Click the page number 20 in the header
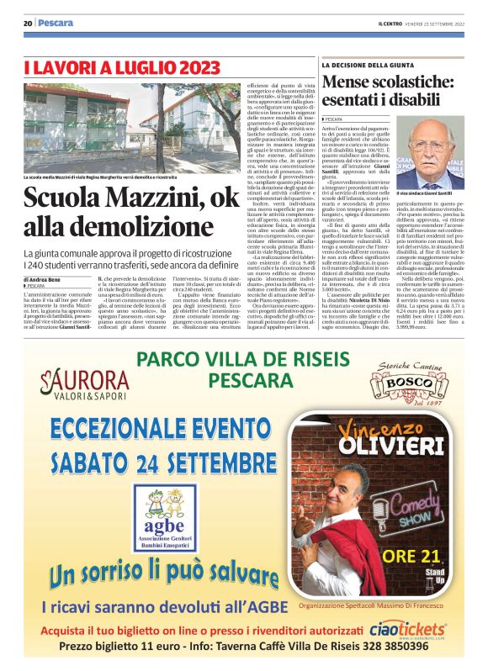[28, 23]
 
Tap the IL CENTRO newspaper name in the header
[393, 23]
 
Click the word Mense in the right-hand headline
[346, 82]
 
